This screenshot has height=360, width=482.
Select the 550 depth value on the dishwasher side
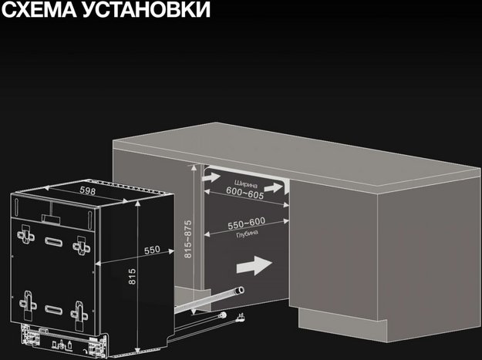coord(152,250)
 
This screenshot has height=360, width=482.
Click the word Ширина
coord(244,182)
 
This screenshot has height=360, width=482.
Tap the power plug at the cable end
coord(238,316)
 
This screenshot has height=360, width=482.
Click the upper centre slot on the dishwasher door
coord(53,241)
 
